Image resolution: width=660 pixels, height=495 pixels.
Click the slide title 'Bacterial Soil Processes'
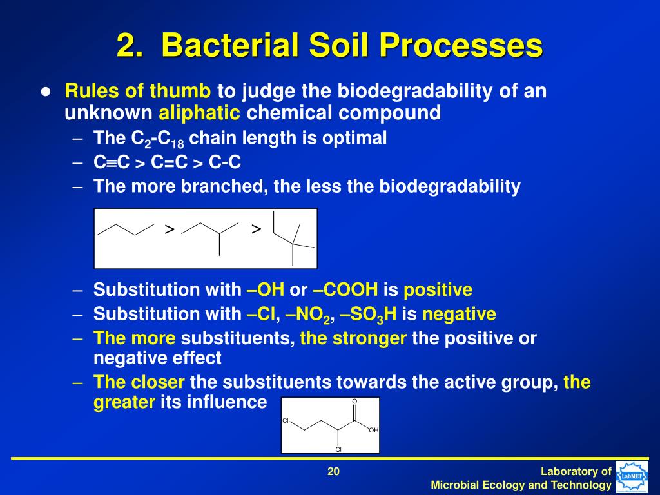[329, 46]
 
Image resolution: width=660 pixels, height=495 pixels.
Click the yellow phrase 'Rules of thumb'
[137, 91]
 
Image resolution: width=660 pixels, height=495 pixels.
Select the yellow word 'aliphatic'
[199, 113]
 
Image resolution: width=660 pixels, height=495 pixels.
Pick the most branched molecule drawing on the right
[292, 237]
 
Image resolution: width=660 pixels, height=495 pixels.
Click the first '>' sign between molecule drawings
[170, 229]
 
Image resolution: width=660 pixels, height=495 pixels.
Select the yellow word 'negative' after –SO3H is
[459, 315]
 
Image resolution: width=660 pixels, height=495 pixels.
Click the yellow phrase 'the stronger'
[353, 338]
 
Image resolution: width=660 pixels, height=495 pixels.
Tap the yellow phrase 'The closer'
[139, 382]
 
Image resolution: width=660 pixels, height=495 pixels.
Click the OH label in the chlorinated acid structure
[373, 430]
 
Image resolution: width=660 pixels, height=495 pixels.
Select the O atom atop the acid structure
[354, 402]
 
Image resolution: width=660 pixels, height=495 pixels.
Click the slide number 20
[333, 472]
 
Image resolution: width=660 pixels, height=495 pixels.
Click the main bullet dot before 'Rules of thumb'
[45, 92]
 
